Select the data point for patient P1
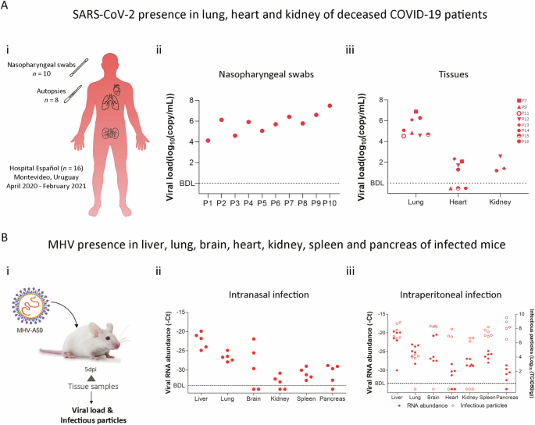coord(208,141)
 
